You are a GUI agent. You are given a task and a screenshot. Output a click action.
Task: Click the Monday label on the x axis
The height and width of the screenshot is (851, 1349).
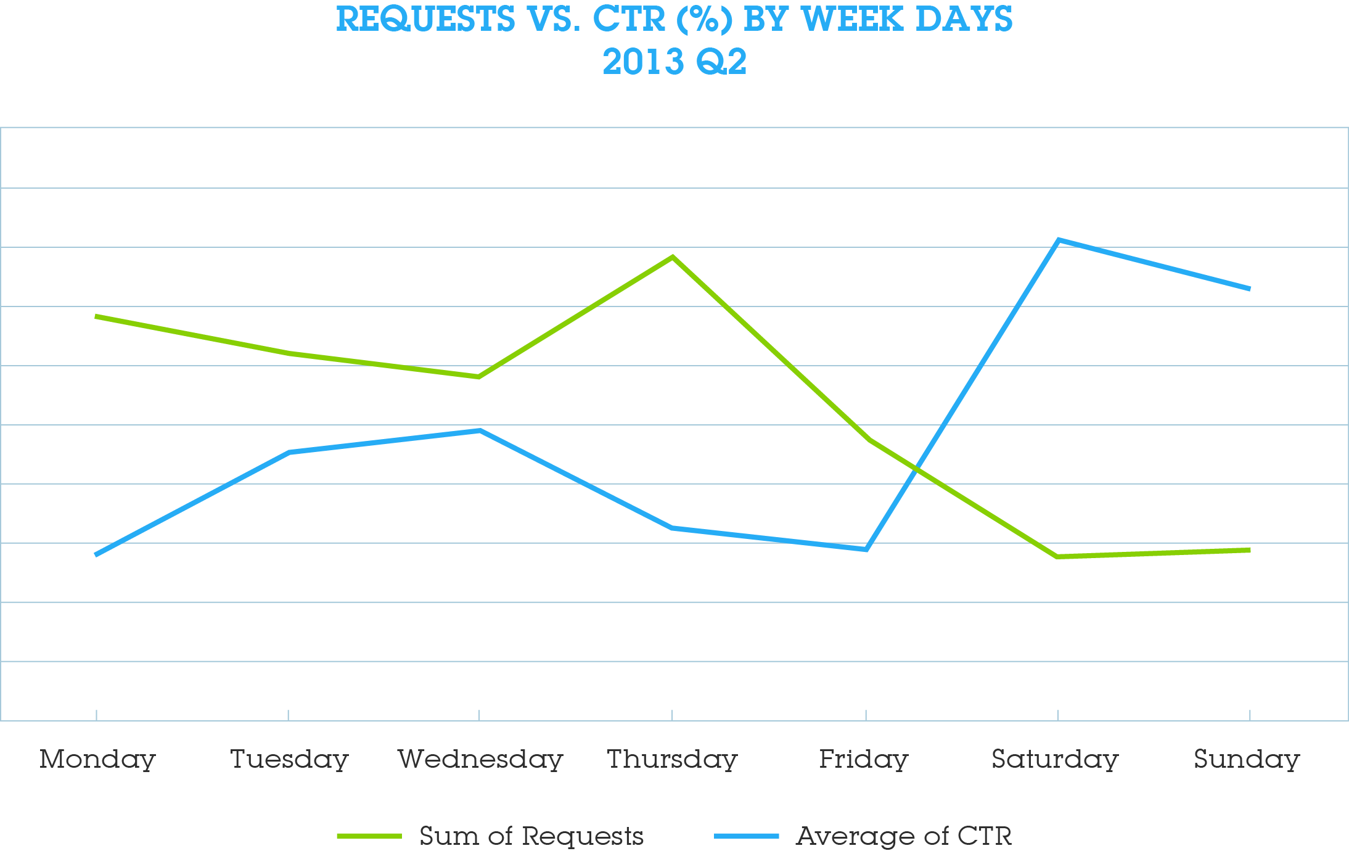click(x=97, y=759)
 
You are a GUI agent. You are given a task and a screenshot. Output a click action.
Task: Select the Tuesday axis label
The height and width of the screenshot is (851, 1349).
click(x=289, y=759)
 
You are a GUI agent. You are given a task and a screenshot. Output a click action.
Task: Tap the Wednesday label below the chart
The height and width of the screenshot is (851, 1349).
click(x=480, y=759)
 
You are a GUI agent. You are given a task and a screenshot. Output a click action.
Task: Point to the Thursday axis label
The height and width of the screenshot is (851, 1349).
click(x=672, y=759)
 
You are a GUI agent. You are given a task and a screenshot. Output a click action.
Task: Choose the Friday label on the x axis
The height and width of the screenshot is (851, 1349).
click(x=863, y=759)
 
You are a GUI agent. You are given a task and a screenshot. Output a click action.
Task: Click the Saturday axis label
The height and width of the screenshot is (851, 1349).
click(x=1055, y=759)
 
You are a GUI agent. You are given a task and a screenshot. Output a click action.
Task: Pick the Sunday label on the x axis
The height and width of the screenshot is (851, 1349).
click(x=1247, y=759)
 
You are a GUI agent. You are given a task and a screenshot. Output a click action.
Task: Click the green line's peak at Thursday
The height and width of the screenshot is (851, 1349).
click(x=673, y=257)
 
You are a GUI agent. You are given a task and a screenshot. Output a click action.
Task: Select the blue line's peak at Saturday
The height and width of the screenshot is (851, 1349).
click(x=1058, y=239)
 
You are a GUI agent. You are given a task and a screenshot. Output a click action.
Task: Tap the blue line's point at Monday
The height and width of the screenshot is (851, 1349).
click(x=97, y=554)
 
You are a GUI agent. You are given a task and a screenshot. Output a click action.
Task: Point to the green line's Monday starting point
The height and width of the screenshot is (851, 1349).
click(x=97, y=316)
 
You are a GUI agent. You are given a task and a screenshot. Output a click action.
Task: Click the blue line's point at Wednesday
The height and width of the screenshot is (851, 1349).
click(x=480, y=430)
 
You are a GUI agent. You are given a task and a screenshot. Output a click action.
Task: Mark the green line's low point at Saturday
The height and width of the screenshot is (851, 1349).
click(x=1058, y=556)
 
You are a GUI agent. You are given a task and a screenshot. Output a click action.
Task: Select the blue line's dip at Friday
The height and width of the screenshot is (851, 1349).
click(x=866, y=549)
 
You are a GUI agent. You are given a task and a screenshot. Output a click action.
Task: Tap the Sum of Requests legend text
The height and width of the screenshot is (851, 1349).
click(x=531, y=836)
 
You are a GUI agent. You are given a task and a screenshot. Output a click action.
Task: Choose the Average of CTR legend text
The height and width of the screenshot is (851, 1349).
click(x=904, y=836)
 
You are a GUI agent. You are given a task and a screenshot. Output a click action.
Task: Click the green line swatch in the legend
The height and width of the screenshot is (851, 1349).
click(x=369, y=836)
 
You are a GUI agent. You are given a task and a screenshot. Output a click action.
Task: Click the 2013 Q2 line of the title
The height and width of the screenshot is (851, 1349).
click(x=674, y=62)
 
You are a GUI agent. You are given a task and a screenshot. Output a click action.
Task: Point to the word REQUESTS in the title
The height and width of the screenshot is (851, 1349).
click(x=425, y=19)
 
